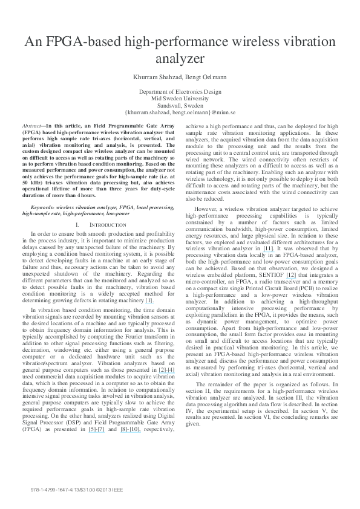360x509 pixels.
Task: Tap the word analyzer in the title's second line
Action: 180,59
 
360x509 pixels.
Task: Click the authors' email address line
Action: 180,111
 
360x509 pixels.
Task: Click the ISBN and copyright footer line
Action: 76,488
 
